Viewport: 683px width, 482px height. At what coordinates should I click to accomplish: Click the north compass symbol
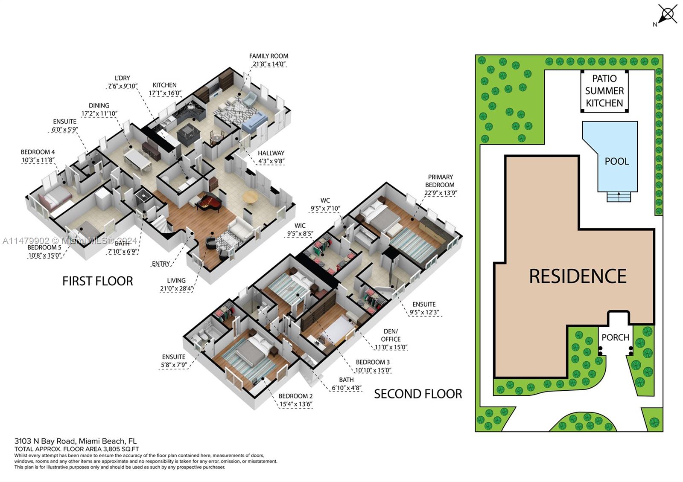(x=667, y=15)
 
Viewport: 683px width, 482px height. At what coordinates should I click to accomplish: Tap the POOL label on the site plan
(x=616, y=161)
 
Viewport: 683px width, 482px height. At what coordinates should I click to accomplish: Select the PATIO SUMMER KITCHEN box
(x=604, y=91)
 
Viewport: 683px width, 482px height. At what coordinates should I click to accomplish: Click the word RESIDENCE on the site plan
(x=578, y=276)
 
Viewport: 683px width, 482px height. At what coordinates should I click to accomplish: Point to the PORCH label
(x=615, y=337)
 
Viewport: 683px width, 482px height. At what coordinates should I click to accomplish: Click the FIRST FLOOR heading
(x=97, y=281)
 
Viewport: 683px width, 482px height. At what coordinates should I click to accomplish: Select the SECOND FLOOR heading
(x=417, y=394)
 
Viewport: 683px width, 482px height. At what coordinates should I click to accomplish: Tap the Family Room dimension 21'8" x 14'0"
(x=269, y=64)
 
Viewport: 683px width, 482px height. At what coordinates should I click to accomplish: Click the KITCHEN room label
(x=164, y=85)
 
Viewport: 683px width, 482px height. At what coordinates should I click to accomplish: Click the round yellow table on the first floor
(x=250, y=197)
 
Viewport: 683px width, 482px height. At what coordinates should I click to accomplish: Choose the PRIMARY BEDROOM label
(x=440, y=180)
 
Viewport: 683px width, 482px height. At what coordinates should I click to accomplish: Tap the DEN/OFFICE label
(x=390, y=335)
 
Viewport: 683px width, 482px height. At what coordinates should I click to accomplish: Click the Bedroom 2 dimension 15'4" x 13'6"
(x=296, y=404)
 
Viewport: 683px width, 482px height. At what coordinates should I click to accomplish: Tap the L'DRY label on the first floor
(x=122, y=78)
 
